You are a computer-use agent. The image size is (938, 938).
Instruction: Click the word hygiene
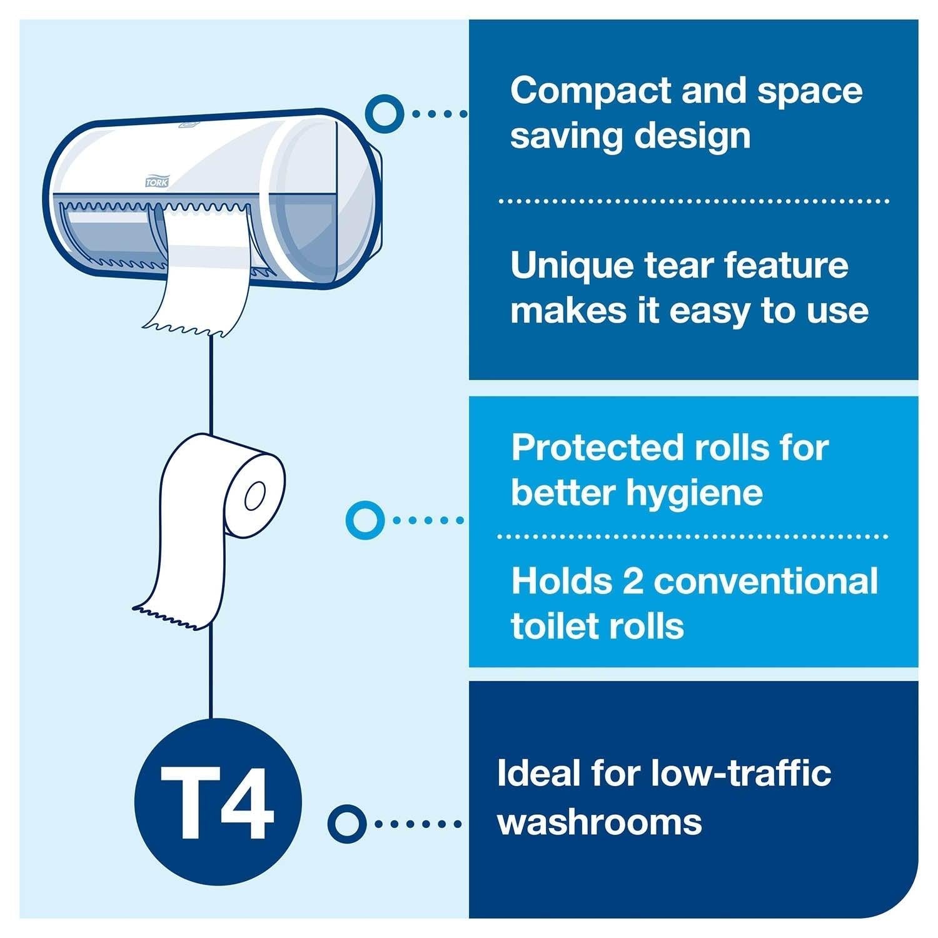coord(694,493)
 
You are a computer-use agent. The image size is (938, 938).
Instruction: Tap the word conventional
coord(766,581)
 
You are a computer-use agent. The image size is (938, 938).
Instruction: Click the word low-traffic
coord(741,774)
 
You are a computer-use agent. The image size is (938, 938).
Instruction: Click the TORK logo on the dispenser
coord(156,182)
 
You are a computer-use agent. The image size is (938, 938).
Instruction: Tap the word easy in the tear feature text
coord(710,311)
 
